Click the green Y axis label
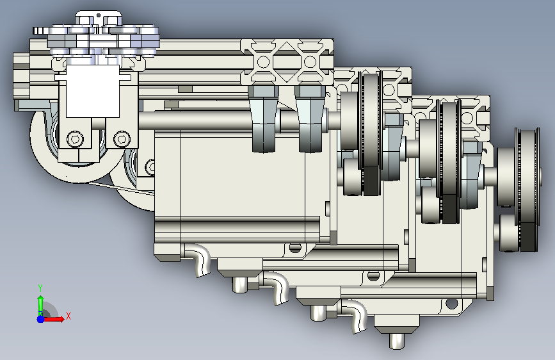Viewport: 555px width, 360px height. [40, 288]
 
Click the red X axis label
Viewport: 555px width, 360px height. [68, 316]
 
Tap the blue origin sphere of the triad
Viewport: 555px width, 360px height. [41, 319]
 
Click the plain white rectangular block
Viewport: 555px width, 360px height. [93, 91]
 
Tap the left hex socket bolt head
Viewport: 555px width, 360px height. [75, 138]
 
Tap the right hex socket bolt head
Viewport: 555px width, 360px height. [122, 138]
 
